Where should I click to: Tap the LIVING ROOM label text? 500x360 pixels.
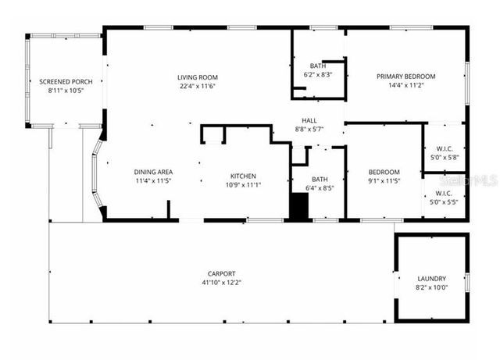(197, 77)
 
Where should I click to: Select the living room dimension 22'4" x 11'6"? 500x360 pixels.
(197, 86)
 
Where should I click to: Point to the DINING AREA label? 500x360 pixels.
(153, 172)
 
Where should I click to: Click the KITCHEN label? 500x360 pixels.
(242, 176)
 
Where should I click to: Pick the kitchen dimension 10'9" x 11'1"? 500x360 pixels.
(242, 185)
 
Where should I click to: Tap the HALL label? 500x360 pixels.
(309, 120)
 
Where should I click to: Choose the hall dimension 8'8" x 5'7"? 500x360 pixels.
(309, 129)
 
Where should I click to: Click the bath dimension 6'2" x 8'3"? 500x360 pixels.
(317, 74)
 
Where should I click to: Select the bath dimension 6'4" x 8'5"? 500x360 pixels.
(319, 188)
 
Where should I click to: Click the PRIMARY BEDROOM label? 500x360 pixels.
(405, 77)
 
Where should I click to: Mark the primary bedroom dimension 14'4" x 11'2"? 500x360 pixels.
(405, 85)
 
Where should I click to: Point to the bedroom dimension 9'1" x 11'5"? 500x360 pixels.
(384, 181)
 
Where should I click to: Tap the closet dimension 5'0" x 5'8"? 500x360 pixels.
(444, 157)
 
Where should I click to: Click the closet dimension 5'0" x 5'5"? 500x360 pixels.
(444, 201)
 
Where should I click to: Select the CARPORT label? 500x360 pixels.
(221, 273)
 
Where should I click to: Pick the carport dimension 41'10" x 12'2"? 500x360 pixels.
(221, 282)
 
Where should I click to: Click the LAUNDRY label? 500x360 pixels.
(431, 279)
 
